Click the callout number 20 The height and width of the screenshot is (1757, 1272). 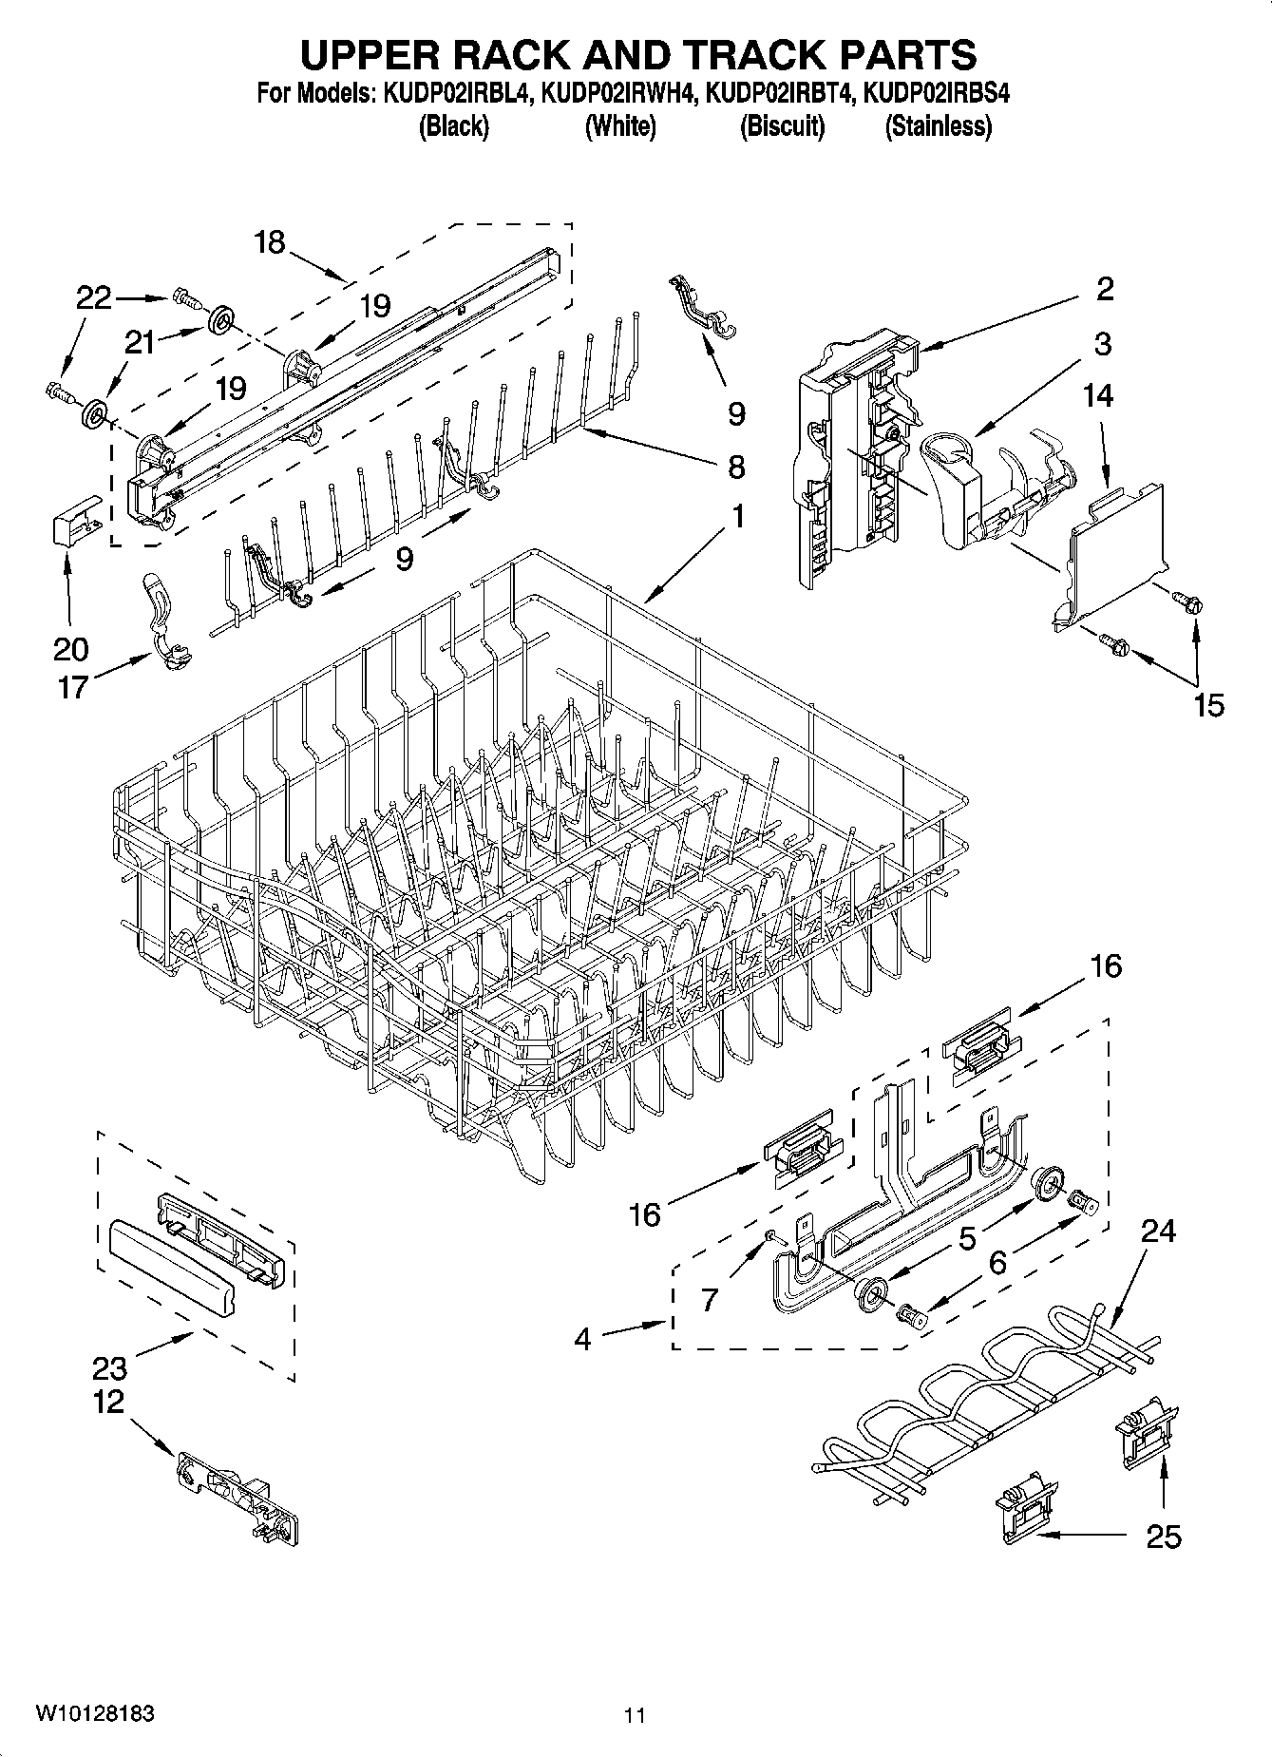click(72, 650)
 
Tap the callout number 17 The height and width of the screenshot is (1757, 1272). click(72, 686)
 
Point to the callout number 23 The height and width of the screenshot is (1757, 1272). click(110, 1368)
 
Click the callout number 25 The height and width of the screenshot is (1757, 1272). click(1164, 1536)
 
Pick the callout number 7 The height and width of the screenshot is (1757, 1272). click(710, 1299)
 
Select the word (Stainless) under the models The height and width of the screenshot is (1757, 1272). click(939, 126)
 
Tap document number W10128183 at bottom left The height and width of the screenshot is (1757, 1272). click(95, 1713)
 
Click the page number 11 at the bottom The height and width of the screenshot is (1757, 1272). click(635, 1715)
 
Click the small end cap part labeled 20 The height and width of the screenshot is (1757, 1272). click(74, 518)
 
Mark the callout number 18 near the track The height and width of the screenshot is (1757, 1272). click(270, 242)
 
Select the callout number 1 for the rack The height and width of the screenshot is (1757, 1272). click(737, 517)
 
